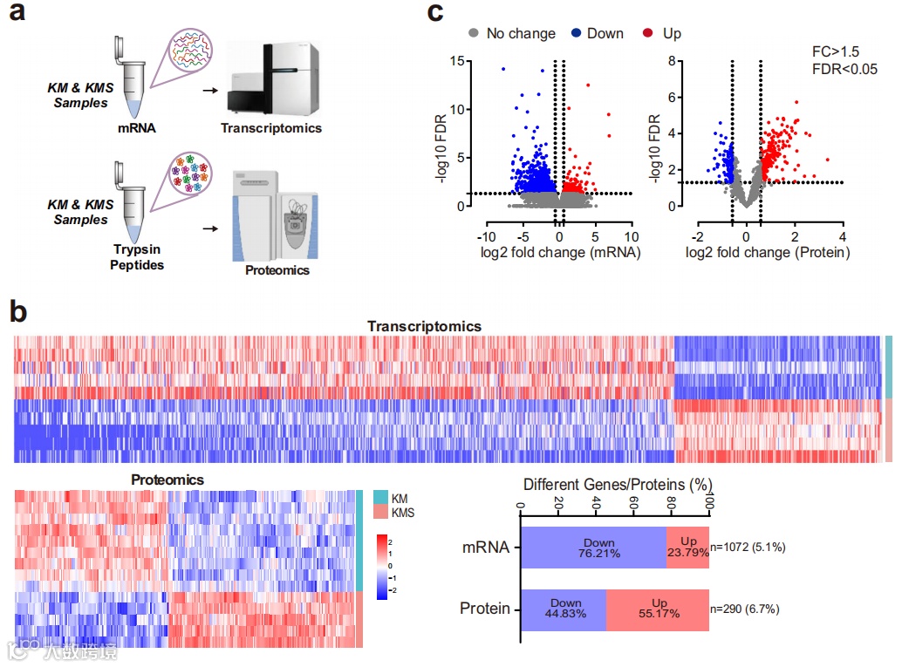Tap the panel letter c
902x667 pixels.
(x=435, y=14)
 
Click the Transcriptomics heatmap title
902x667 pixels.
(x=424, y=326)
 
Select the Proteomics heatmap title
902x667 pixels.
(x=167, y=480)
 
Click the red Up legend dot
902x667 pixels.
(x=646, y=33)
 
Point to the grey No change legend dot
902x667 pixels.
(x=474, y=33)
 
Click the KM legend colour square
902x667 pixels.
(x=381, y=497)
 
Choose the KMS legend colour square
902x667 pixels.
(x=381, y=512)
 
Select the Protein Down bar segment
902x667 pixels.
(x=563, y=608)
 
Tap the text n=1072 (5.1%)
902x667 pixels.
(x=748, y=548)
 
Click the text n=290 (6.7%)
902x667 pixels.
(x=745, y=609)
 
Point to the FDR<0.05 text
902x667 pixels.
(x=843, y=69)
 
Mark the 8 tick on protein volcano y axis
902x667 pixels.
(x=673, y=61)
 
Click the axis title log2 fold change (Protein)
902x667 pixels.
(x=768, y=253)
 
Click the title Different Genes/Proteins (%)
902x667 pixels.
(x=618, y=484)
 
